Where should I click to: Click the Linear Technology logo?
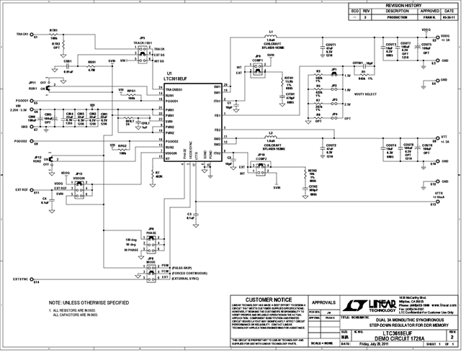372,302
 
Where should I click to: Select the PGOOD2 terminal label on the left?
20,141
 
